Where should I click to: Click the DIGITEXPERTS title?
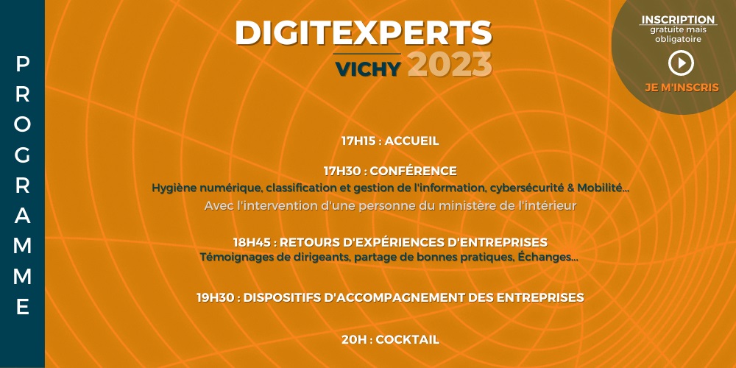[x=364, y=33]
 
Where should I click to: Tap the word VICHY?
[x=368, y=69]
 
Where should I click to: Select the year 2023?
[x=450, y=65]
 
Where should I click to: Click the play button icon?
[x=681, y=63]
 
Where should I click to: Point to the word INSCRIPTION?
[x=678, y=20]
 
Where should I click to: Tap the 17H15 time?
[x=358, y=141]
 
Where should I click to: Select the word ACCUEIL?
[x=411, y=141]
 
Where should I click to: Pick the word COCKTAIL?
[x=408, y=339]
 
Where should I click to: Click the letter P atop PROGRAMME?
[x=23, y=64]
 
